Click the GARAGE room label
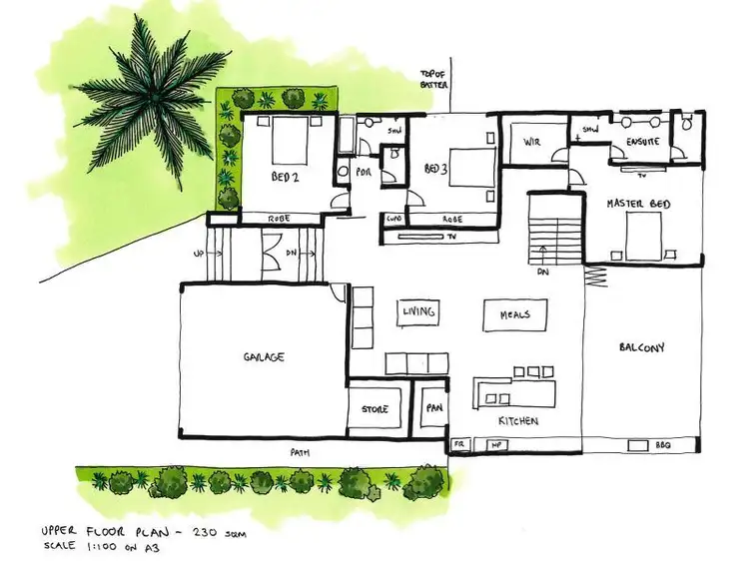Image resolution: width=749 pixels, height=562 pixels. tap(264, 356)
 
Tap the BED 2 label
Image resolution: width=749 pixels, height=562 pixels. tap(286, 179)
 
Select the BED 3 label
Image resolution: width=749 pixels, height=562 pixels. tap(434, 168)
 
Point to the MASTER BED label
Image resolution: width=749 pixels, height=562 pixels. tap(638, 205)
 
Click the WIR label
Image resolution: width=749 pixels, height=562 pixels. tap(532, 142)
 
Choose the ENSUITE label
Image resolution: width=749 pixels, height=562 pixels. tap(641, 143)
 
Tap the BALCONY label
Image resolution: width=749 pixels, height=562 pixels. tap(641, 347)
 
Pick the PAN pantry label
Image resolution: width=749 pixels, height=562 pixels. tap(433, 407)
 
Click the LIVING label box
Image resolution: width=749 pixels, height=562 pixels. tap(418, 312)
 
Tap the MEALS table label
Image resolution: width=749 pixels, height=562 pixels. tap(515, 315)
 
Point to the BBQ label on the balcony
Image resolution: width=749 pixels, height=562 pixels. tap(663, 444)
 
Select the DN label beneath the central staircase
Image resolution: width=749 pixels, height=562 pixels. tap(542, 271)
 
